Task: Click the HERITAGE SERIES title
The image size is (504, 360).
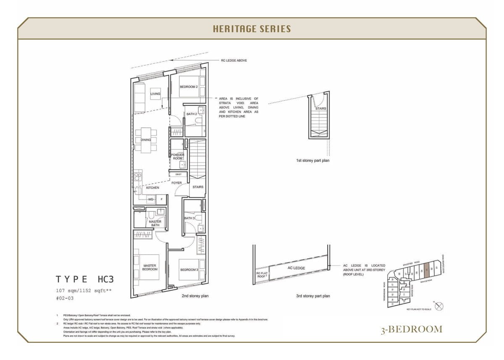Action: tap(252, 29)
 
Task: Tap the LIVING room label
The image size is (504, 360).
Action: tap(155, 94)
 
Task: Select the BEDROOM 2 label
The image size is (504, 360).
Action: tap(189, 87)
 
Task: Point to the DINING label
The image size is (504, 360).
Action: tap(146, 140)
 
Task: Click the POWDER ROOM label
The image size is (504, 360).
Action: tap(178, 156)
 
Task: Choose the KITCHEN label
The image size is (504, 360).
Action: tap(152, 188)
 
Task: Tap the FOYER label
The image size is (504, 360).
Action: tap(176, 183)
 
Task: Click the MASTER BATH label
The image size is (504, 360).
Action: tap(155, 223)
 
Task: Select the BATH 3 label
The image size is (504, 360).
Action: tap(189, 218)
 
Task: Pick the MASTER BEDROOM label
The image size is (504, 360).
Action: tap(150, 267)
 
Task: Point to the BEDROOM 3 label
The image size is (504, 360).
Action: tap(189, 270)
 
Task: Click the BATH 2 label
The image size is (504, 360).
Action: tap(192, 114)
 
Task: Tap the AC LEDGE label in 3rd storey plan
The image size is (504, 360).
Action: tap(296, 268)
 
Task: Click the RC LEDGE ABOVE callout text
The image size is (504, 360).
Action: tap(234, 60)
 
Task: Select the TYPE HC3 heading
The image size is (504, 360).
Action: tap(85, 279)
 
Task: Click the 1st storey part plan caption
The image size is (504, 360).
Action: tap(312, 160)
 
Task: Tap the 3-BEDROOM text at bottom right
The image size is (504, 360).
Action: tap(412, 329)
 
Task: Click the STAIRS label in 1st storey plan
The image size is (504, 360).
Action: tap(320, 108)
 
